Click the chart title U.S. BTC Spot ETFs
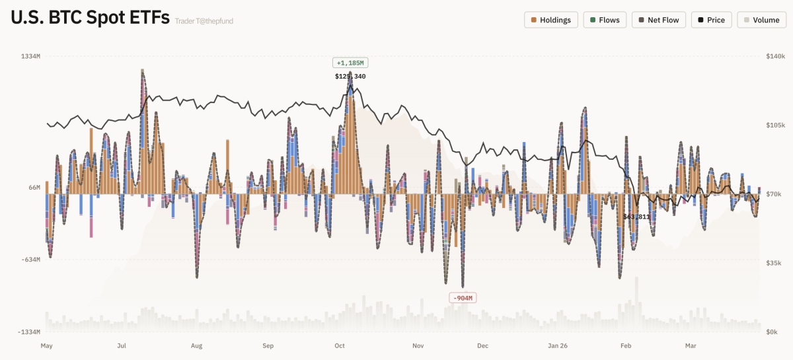(90, 18)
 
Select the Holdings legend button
(551, 20)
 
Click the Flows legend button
(605, 20)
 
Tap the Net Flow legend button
(658, 20)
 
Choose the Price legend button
(710, 20)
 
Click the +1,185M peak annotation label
(350, 63)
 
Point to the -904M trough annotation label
(463, 298)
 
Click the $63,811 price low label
(636, 217)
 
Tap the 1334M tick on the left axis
(30, 56)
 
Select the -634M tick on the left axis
(30, 260)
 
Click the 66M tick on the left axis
(34, 188)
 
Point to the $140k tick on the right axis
(775, 56)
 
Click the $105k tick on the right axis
(775, 125)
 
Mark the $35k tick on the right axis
(774, 263)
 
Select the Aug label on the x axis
(196, 345)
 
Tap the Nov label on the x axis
(418, 345)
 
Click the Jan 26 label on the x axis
(558, 345)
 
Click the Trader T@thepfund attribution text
(204, 21)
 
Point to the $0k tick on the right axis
(772, 332)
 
